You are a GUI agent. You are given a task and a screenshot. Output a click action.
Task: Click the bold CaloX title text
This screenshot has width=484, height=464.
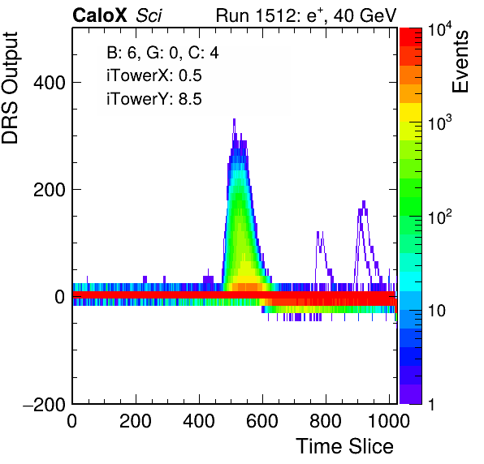pyautogui.click(x=100, y=15)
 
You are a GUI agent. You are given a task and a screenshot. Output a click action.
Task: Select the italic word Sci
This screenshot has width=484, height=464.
pyautogui.click(x=149, y=15)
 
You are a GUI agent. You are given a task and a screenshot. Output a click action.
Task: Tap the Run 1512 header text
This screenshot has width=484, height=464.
pyautogui.click(x=306, y=15)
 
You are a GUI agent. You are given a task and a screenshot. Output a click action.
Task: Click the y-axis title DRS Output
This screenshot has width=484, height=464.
pyautogui.click(x=10, y=88)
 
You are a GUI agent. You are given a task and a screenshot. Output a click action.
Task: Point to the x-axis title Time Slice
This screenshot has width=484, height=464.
pyautogui.click(x=345, y=446)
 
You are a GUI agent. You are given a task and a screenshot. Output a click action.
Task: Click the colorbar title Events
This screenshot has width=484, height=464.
pyautogui.click(x=460, y=62)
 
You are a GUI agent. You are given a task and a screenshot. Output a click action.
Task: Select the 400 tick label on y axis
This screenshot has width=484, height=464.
pyautogui.click(x=50, y=83)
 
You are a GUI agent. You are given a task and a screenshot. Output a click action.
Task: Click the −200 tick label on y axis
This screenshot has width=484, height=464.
pyautogui.click(x=45, y=404)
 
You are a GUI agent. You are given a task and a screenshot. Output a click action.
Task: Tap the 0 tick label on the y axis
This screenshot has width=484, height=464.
pyautogui.click(x=60, y=298)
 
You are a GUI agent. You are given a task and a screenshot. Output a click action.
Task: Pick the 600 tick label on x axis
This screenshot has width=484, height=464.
pyautogui.click(x=262, y=421)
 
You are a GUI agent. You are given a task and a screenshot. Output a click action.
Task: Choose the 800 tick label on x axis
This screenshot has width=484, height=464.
pyautogui.click(x=326, y=421)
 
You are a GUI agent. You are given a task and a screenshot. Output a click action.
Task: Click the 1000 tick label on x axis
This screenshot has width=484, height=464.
pyautogui.click(x=389, y=421)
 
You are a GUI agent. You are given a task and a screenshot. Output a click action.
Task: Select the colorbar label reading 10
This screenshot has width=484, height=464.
pyautogui.click(x=436, y=311)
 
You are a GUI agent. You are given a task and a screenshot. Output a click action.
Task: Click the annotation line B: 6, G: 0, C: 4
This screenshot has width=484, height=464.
pyautogui.click(x=162, y=53)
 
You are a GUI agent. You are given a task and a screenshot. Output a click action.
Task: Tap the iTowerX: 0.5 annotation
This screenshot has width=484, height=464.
pyautogui.click(x=154, y=75)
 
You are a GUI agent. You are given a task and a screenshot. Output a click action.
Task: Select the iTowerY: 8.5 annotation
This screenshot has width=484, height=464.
pyautogui.click(x=154, y=99)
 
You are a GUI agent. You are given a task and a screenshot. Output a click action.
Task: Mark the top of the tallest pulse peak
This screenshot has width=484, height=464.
pyautogui.click(x=234, y=119)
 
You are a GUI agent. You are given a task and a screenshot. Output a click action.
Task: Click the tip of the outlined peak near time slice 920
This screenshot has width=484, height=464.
pyautogui.click(x=364, y=201)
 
